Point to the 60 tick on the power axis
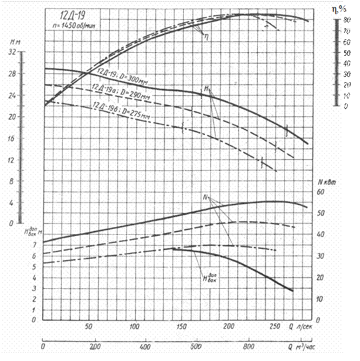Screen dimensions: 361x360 click(321, 192)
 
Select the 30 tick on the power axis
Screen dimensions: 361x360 click(321, 256)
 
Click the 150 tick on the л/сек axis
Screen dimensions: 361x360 click(182, 327)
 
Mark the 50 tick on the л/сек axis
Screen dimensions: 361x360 click(89, 327)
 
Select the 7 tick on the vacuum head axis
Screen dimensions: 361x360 click(34, 245)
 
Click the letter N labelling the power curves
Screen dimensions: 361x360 click(207, 198)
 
